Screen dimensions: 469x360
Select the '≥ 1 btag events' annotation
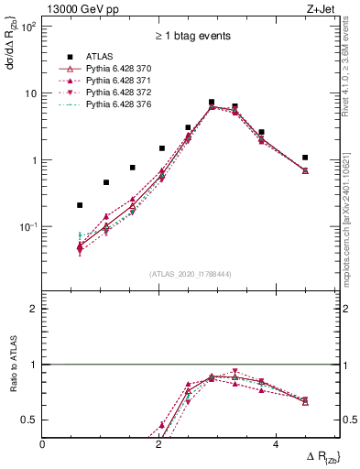pos(191,38)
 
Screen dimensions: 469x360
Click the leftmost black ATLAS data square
pos(80,205)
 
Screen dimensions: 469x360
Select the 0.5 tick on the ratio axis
pos(30,420)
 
